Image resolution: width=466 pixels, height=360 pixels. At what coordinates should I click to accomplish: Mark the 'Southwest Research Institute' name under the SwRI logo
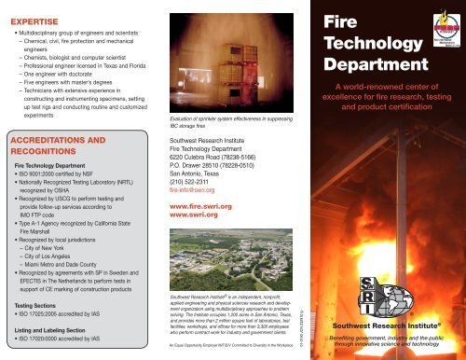[x=386, y=325]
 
